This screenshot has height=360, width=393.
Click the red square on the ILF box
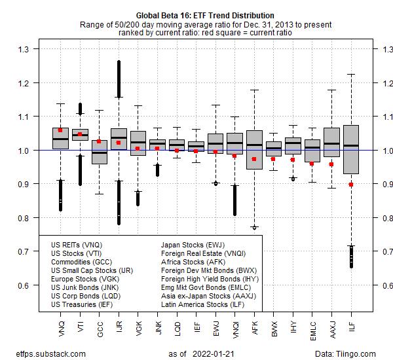(x=351, y=185)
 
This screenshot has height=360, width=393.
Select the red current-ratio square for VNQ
(x=60, y=130)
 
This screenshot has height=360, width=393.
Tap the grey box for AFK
(x=254, y=150)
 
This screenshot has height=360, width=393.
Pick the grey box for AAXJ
(x=331, y=142)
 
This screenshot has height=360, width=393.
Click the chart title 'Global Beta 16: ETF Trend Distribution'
(x=206, y=15)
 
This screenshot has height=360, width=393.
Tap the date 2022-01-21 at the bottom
(x=213, y=353)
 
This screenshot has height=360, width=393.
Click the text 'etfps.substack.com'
(x=44, y=353)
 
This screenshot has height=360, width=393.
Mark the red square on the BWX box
(x=273, y=159)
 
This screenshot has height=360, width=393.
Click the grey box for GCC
(x=100, y=152)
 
